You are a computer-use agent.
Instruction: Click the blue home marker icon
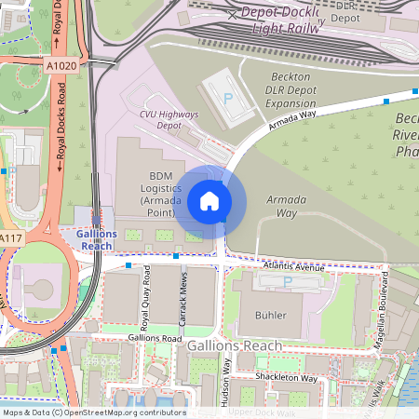tap(209, 200)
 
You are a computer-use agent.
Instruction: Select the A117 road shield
tap(10, 239)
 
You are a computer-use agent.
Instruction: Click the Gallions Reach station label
tap(97, 239)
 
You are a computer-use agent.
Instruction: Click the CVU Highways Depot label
tap(169, 118)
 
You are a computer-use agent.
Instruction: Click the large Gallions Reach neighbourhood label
tap(235, 345)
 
